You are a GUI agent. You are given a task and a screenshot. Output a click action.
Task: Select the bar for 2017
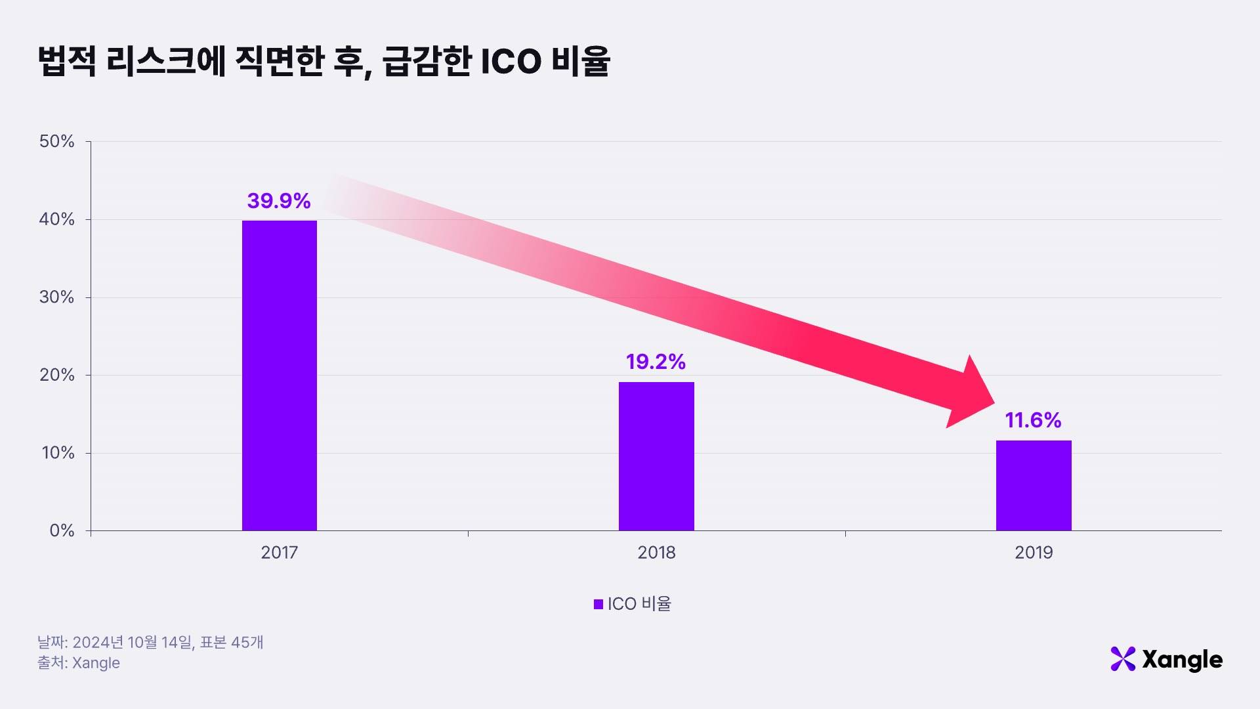pos(280,376)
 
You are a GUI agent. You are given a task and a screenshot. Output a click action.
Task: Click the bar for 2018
pos(656,456)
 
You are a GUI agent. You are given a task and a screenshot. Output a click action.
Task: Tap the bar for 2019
pos(1034,486)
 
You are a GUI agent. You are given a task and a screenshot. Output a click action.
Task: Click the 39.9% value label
pos(279,201)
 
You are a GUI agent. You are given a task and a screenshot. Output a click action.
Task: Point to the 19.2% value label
pos(656,362)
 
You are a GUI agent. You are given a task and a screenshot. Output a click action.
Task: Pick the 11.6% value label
pos(1033,420)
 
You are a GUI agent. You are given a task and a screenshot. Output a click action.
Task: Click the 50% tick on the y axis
pos(57,141)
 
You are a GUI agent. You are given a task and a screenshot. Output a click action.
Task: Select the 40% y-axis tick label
pos(57,219)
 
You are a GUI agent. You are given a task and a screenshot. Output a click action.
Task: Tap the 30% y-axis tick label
pos(57,297)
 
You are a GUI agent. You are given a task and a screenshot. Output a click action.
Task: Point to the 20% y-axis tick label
pos(57,375)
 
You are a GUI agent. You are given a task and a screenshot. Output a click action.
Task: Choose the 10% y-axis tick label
pos(58,453)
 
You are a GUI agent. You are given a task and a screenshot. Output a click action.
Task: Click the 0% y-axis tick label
pos(62,530)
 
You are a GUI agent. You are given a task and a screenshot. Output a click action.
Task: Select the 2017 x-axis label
pos(280,552)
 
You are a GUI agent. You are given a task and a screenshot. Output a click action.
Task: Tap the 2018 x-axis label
pos(656,552)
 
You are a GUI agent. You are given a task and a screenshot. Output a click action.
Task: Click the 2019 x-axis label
pos(1034,552)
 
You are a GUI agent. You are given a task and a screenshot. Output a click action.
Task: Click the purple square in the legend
pos(598,604)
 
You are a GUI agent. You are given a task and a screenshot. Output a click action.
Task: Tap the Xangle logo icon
pos(1123,659)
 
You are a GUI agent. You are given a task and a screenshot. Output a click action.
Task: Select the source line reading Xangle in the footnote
pos(79,663)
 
